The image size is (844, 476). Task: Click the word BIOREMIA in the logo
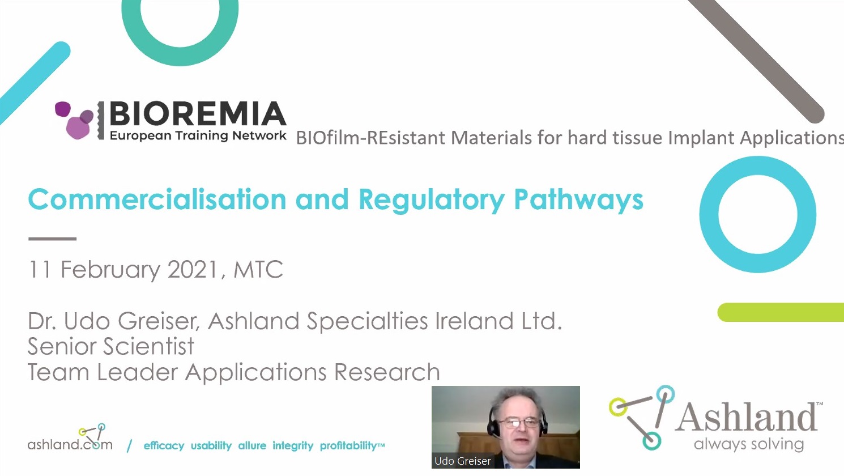(x=198, y=113)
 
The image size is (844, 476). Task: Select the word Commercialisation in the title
(x=157, y=199)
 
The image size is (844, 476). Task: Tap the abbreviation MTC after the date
(x=258, y=270)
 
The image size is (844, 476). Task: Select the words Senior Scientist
(x=111, y=346)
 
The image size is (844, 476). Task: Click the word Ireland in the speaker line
(x=474, y=321)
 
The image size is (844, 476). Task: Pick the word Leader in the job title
(x=137, y=372)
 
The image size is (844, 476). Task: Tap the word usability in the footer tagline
(x=211, y=446)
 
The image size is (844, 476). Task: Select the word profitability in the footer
(x=348, y=446)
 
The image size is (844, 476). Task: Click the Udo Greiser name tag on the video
(x=463, y=461)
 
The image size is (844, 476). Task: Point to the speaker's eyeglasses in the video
(x=520, y=423)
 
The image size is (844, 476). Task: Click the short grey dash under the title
(x=52, y=239)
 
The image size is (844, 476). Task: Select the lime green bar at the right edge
(x=781, y=312)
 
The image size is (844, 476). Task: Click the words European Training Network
(x=198, y=135)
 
